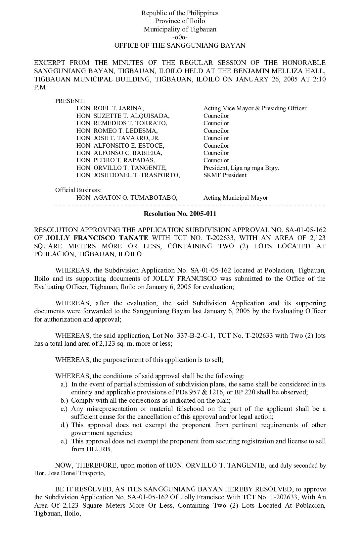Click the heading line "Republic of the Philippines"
[180, 13]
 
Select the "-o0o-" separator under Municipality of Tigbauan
[180, 37]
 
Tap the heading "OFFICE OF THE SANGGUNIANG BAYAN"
[180, 45]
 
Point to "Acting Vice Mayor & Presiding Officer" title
[255, 108]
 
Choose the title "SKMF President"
[225, 175]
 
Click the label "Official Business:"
[78, 190]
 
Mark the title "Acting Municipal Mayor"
[236, 198]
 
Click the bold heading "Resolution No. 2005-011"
[180, 214]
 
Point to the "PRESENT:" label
[70, 101]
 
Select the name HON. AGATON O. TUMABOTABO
[127, 198]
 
